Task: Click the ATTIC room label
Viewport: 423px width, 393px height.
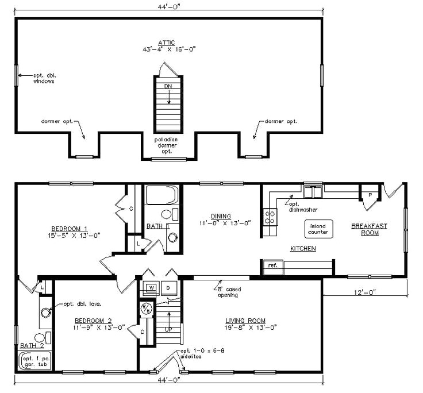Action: (x=167, y=42)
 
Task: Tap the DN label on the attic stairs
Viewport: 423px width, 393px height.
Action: (x=168, y=86)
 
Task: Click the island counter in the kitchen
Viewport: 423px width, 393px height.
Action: (x=318, y=229)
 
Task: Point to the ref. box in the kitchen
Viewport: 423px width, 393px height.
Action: (x=271, y=265)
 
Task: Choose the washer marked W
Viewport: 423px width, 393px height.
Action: (x=151, y=287)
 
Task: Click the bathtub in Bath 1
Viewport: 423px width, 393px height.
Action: (x=163, y=195)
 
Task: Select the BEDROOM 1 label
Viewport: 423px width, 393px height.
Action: (x=71, y=228)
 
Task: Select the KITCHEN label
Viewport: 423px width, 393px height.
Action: (x=303, y=248)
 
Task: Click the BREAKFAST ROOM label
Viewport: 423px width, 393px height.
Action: (x=369, y=229)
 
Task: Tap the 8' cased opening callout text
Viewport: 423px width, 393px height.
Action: (x=228, y=292)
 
